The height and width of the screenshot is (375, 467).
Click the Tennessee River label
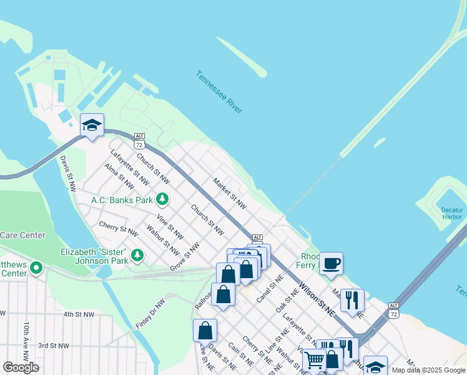coord(219,92)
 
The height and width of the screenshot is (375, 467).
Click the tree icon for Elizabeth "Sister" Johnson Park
coord(137,255)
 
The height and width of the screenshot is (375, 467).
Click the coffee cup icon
coord(331,263)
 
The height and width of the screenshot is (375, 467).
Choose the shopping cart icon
coord(314,360)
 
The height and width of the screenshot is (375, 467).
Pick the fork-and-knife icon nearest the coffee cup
coord(352,300)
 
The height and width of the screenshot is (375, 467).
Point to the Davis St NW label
coord(67,173)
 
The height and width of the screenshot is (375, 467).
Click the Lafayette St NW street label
coord(129,167)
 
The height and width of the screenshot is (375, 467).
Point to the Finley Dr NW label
coord(150,314)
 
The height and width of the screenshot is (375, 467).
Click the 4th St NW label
coord(78,314)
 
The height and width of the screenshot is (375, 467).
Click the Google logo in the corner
coord(21,367)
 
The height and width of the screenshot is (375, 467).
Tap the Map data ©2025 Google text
coord(428,370)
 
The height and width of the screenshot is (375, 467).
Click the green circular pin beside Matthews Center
coord(36,269)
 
